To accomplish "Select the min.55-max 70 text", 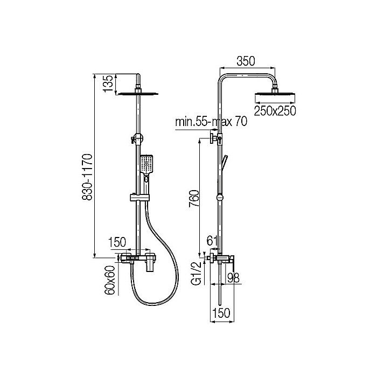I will coord(211,122).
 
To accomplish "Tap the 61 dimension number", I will coord(213,240).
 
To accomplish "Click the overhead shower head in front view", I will coord(139,93).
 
